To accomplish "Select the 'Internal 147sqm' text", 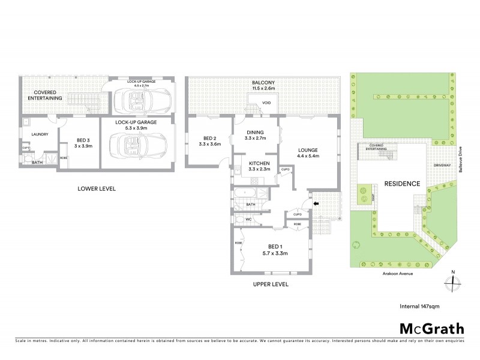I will click(x=419, y=306).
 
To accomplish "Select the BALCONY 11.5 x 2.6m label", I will click(x=263, y=85).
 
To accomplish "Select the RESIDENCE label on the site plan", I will click(x=402, y=184).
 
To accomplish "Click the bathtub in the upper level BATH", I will click(x=247, y=194).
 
